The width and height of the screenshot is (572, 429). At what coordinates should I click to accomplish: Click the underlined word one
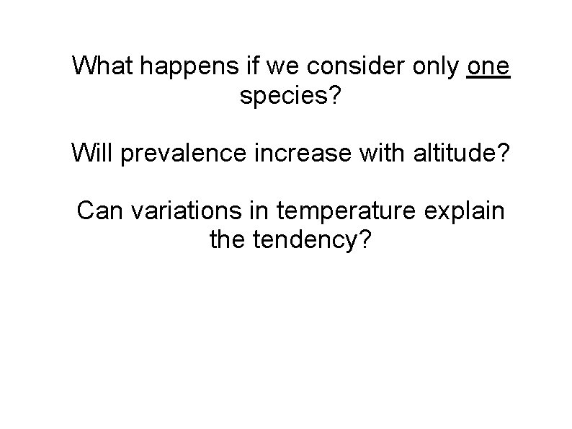pyautogui.click(x=488, y=66)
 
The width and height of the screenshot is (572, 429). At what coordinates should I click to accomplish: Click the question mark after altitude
pyautogui.click(x=501, y=153)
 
